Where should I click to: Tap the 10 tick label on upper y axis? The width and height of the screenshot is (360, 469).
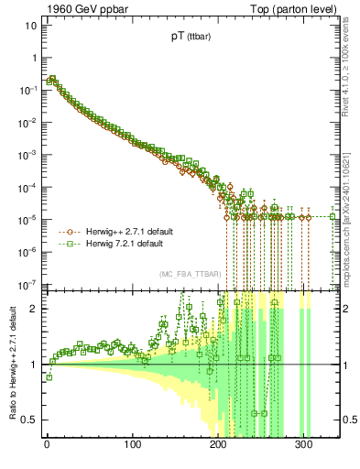click(x=29, y=25)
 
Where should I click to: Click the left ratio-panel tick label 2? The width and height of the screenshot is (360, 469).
click(x=33, y=308)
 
